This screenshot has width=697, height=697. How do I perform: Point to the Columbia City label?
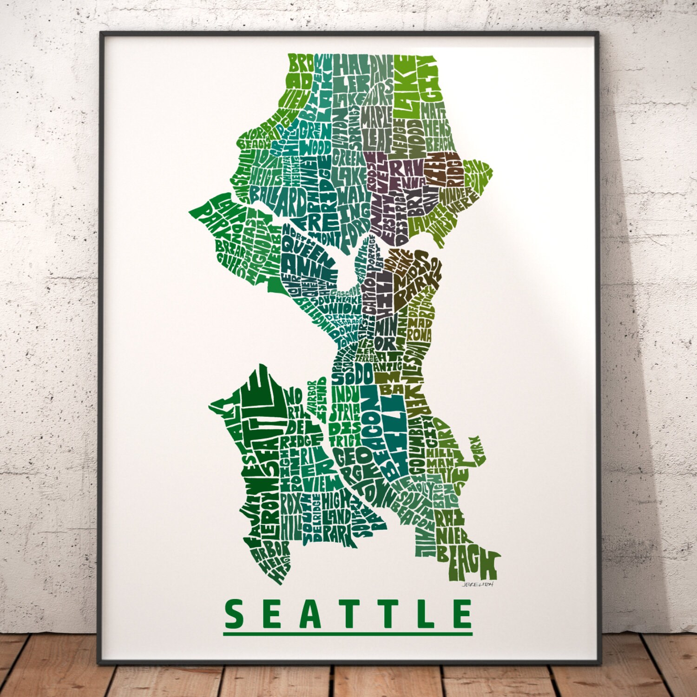click(x=421, y=446)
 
